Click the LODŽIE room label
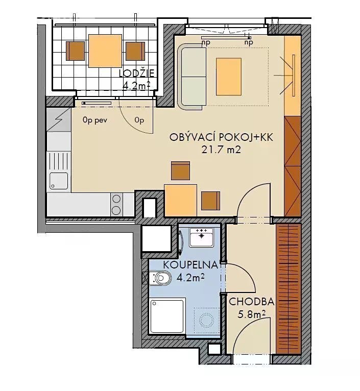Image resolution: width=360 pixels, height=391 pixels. (x=136, y=74)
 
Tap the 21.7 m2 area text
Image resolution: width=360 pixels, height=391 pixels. (x=221, y=150)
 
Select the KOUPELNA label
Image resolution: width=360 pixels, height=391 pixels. (x=190, y=265)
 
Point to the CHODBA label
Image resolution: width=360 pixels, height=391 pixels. (x=251, y=302)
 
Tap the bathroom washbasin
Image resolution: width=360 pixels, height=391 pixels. (x=201, y=237)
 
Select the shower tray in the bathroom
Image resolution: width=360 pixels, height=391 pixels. (x=167, y=316)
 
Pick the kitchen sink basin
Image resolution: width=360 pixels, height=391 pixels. (x=59, y=181)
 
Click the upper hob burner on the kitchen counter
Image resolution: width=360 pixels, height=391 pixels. (x=116, y=199)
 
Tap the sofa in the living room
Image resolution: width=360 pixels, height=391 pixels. (x=192, y=77)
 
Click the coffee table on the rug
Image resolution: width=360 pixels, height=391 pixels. (x=229, y=77)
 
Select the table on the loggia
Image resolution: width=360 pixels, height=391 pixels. (x=105, y=51)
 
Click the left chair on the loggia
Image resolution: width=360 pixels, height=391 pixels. (x=75, y=51)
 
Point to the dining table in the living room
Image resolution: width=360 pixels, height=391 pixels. (x=180, y=201)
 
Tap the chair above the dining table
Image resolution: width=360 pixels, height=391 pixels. (x=180, y=170)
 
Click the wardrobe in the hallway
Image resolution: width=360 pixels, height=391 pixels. (x=289, y=289)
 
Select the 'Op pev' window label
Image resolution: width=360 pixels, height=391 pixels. (x=95, y=120)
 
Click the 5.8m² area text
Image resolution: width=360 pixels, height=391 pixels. (x=251, y=314)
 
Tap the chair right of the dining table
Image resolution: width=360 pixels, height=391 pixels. (x=211, y=201)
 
